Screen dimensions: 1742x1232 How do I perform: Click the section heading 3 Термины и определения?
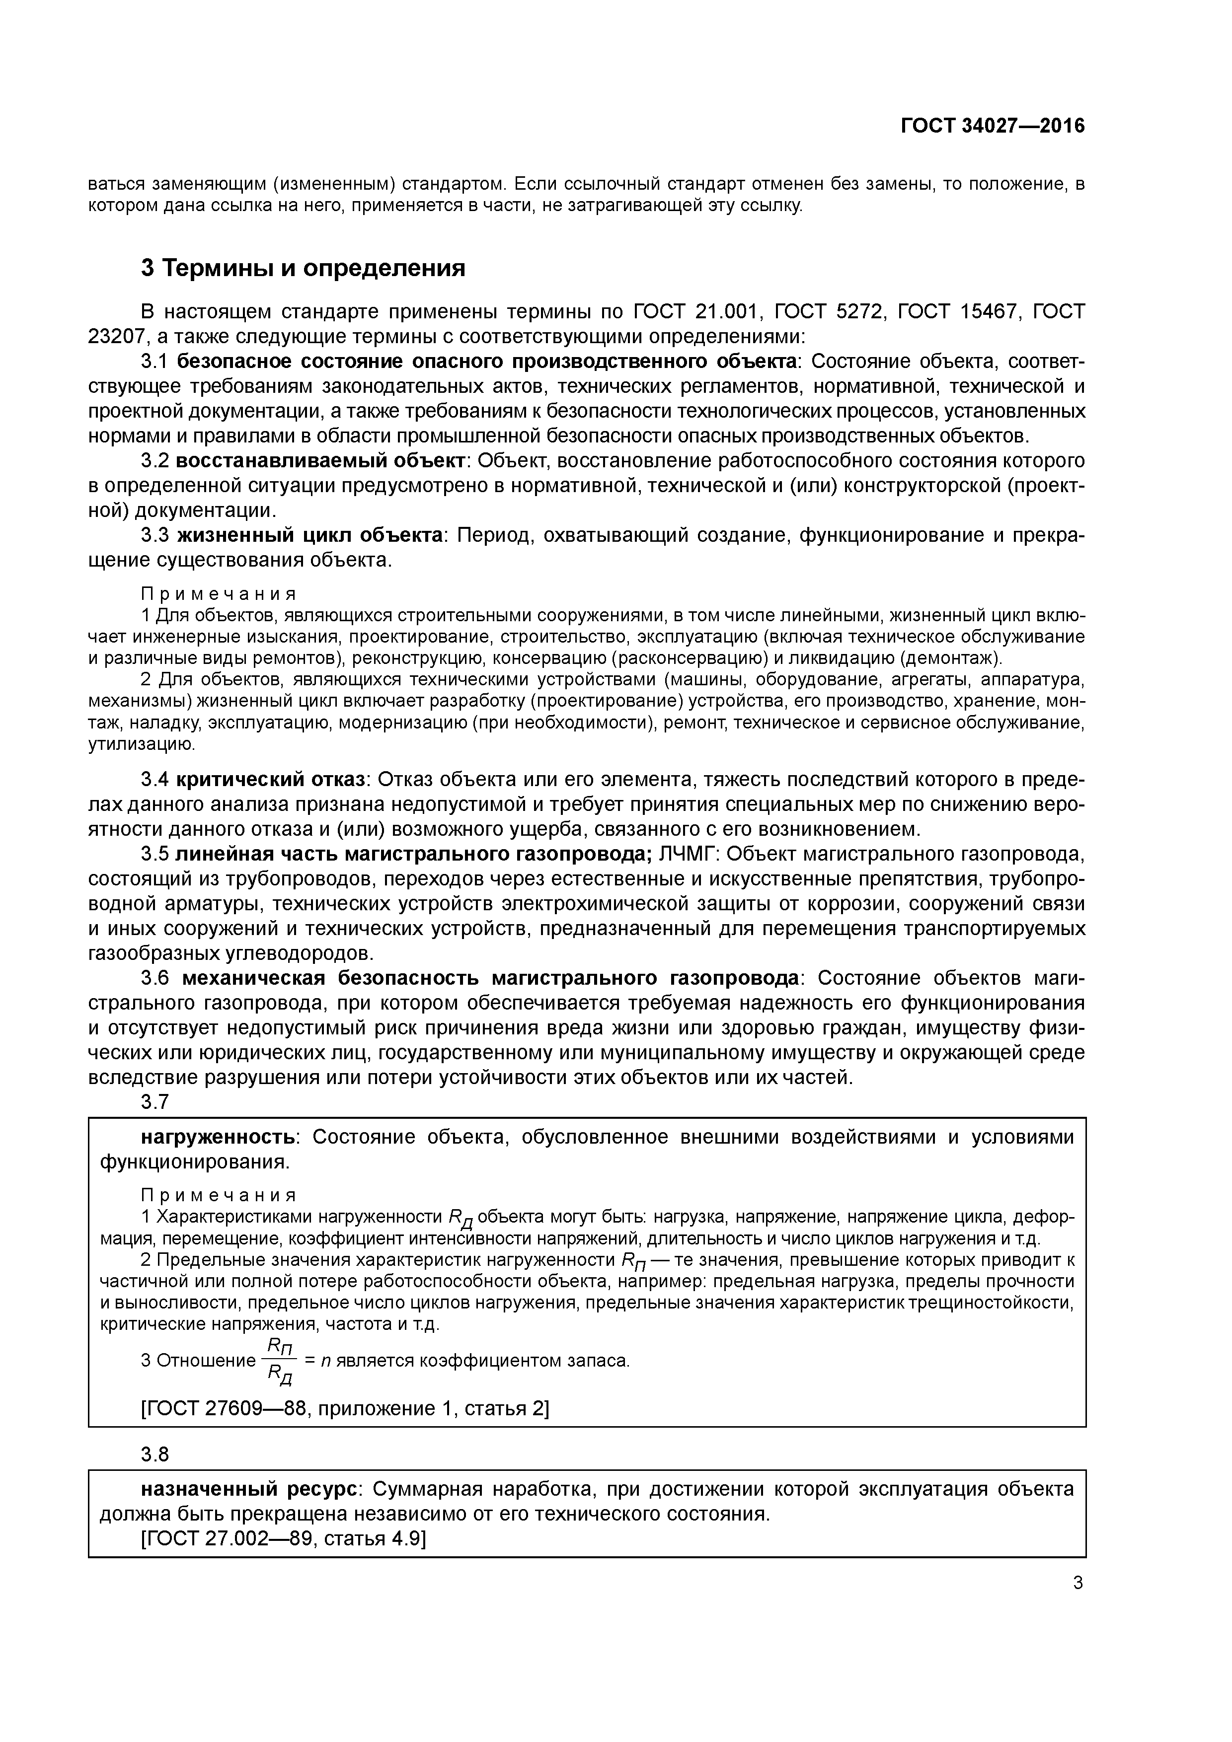pyautogui.click(x=302, y=268)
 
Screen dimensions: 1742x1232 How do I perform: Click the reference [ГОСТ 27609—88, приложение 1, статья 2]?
pyautogui.click(x=345, y=1387)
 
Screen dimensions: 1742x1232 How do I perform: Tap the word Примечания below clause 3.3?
pyautogui.click(x=219, y=592)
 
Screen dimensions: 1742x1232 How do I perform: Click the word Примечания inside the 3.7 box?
pyautogui.click(x=219, y=1195)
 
